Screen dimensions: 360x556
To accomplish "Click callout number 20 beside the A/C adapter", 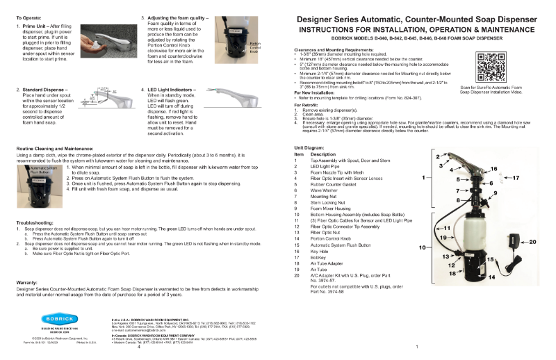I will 532,242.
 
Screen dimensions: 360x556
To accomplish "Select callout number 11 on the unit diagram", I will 447,227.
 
